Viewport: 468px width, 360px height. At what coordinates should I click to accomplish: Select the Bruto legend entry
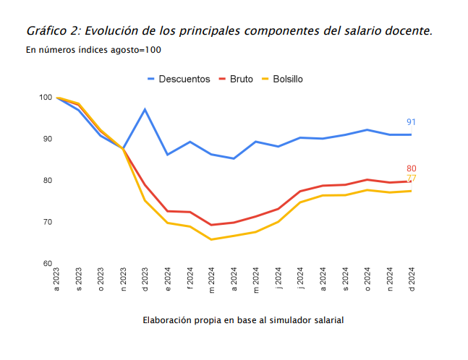[241, 79]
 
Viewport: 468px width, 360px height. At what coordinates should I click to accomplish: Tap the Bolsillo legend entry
[287, 79]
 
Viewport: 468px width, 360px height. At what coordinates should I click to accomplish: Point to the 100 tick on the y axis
[46, 98]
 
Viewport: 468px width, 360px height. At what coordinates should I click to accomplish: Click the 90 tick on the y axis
[47, 139]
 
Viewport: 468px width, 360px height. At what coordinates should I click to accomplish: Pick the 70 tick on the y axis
[47, 222]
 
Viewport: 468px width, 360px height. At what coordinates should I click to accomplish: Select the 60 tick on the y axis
[47, 263]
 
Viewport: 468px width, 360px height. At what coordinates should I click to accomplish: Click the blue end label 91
[411, 122]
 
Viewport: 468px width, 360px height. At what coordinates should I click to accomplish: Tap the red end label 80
[411, 169]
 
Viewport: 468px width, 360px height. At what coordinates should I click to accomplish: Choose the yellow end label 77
[411, 179]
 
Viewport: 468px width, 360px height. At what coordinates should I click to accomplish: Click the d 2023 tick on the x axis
[145, 279]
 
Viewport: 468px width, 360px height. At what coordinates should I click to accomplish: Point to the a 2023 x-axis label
[56, 279]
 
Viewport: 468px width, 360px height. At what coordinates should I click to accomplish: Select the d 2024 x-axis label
[411, 279]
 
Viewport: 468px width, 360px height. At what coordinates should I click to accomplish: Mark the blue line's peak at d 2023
[145, 109]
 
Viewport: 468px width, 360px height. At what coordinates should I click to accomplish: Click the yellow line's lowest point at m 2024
[212, 239]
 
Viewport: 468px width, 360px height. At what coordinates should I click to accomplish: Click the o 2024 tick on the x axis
[367, 279]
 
